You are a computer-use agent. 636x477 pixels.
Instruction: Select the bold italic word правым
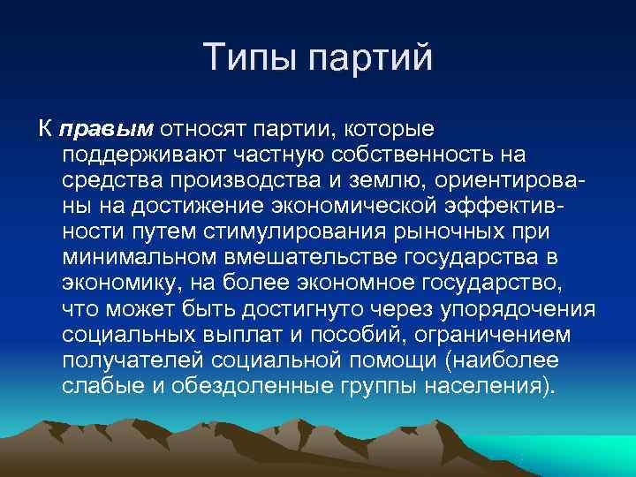[106, 131]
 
